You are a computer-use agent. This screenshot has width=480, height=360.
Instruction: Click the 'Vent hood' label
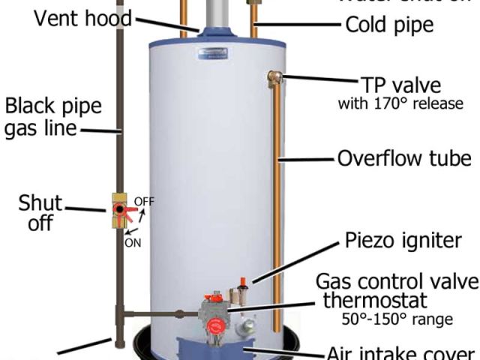coord(82,18)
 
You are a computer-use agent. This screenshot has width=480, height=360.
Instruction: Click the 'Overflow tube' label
coord(404,158)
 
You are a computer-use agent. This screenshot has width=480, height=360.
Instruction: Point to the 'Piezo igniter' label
coord(402,241)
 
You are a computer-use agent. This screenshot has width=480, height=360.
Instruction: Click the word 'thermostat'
coord(374,301)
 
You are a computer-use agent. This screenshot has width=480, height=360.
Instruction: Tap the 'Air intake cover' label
coord(401,352)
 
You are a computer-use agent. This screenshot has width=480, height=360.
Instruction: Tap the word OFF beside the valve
coord(143,201)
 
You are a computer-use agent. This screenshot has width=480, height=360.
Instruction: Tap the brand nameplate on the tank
coord(212,53)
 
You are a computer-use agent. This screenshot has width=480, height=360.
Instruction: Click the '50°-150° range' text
coord(397,320)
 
